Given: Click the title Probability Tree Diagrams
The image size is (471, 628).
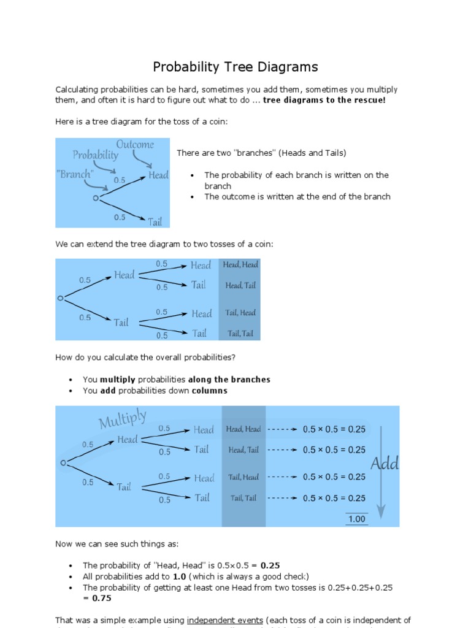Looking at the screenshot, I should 235,67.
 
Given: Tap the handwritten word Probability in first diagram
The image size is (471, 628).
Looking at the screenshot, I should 96,156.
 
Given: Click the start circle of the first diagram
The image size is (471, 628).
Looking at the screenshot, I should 95,198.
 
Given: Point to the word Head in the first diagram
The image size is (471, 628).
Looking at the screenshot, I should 158,175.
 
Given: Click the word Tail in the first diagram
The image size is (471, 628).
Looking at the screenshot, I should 155,221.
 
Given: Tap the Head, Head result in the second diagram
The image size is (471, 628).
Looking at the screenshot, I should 240,265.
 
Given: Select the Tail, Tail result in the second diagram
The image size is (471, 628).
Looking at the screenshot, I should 240,334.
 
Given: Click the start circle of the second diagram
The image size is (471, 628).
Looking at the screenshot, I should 60,298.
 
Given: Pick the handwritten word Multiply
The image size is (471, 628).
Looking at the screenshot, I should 123,420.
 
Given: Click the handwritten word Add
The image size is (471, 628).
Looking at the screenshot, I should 385,464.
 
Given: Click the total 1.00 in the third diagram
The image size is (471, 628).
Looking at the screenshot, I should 356,519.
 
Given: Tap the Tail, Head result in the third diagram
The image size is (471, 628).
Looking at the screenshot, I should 243,477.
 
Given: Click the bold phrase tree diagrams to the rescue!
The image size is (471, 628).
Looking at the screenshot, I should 324,100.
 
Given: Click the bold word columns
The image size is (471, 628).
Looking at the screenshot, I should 209,391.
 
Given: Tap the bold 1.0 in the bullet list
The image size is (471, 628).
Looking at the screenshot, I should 179,576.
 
